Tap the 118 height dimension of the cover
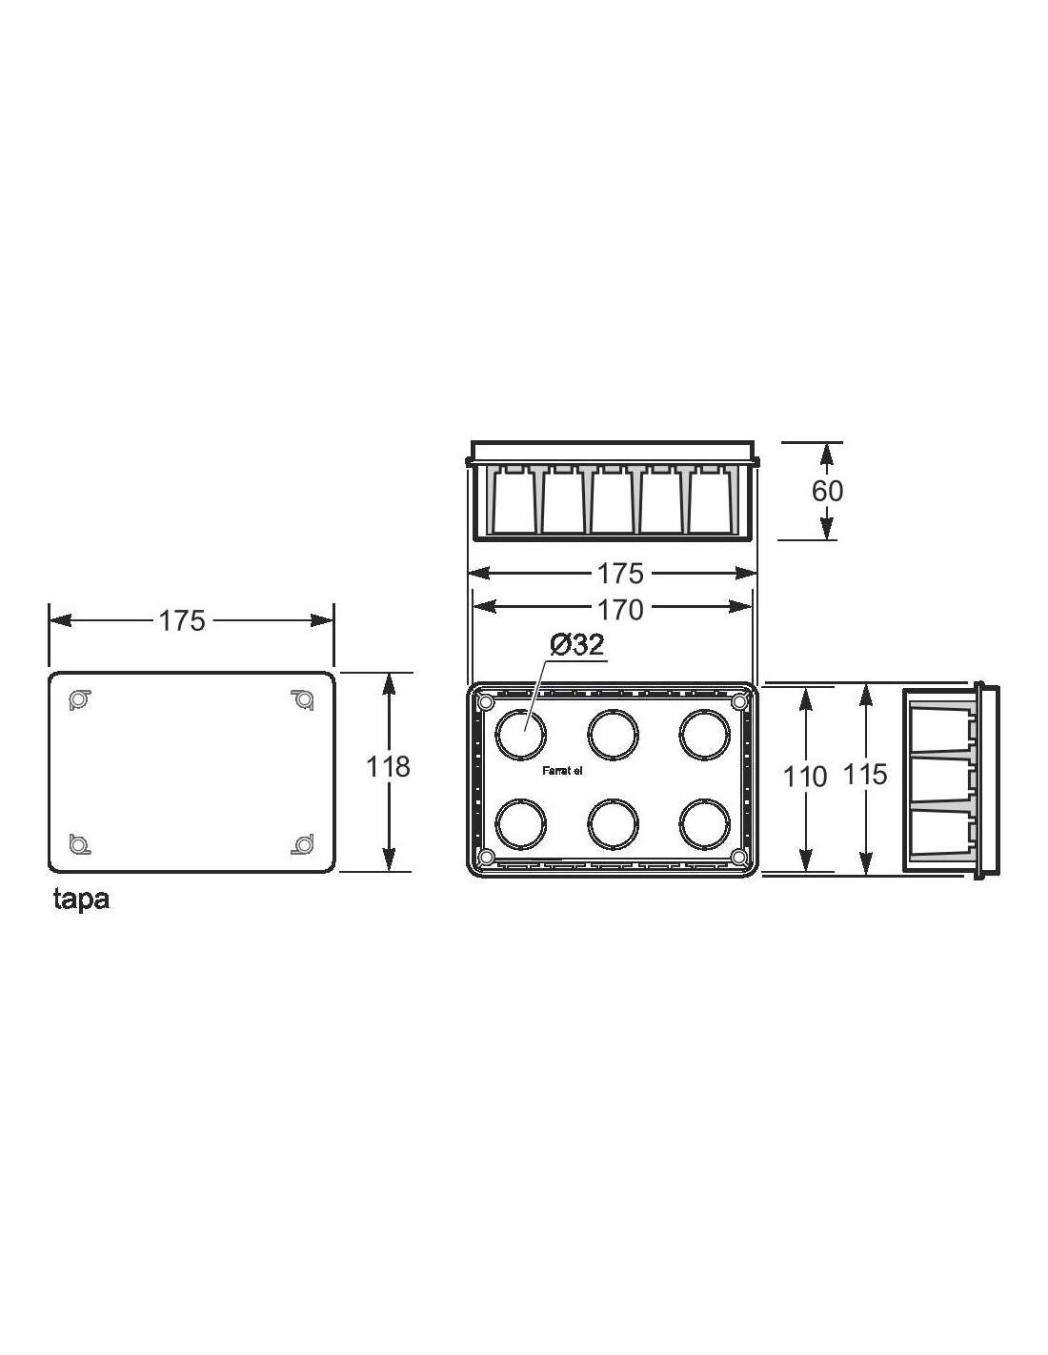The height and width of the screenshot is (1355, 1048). (387, 767)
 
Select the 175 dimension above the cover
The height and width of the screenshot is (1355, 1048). (182, 620)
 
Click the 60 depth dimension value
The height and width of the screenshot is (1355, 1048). (827, 491)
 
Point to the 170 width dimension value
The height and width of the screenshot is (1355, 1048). (619, 610)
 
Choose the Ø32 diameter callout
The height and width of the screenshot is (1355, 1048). (576, 644)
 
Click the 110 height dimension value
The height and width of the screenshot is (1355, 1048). (805, 777)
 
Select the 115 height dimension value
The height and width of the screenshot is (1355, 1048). (865, 774)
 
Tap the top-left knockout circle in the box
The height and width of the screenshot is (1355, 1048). (520, 735)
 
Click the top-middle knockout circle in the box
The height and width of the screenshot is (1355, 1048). (613, 735)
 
